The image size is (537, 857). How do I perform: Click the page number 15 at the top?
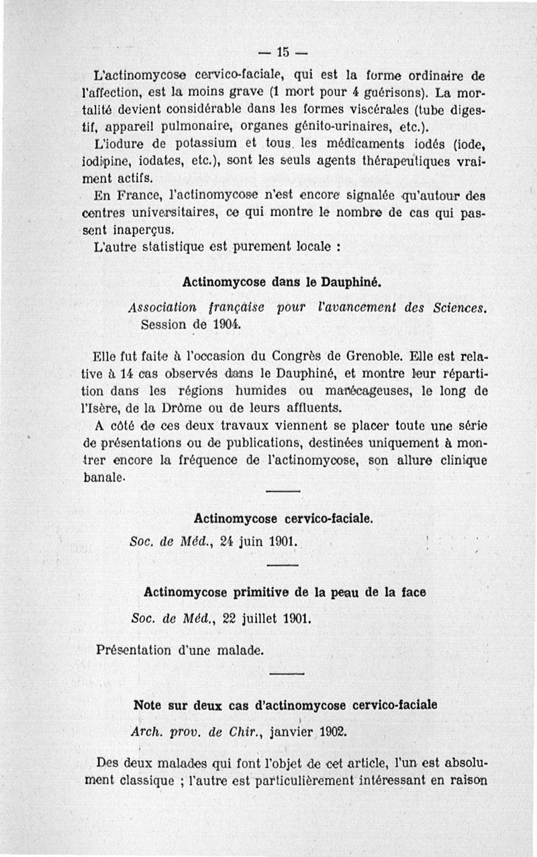282,52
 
